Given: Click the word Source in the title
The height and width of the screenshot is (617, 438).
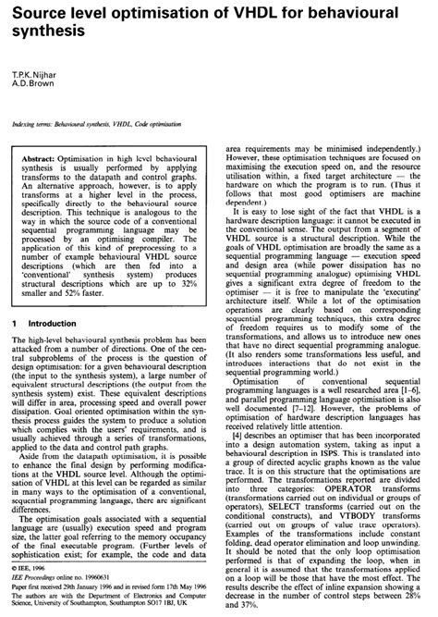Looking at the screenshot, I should click(x=37, y=12).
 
